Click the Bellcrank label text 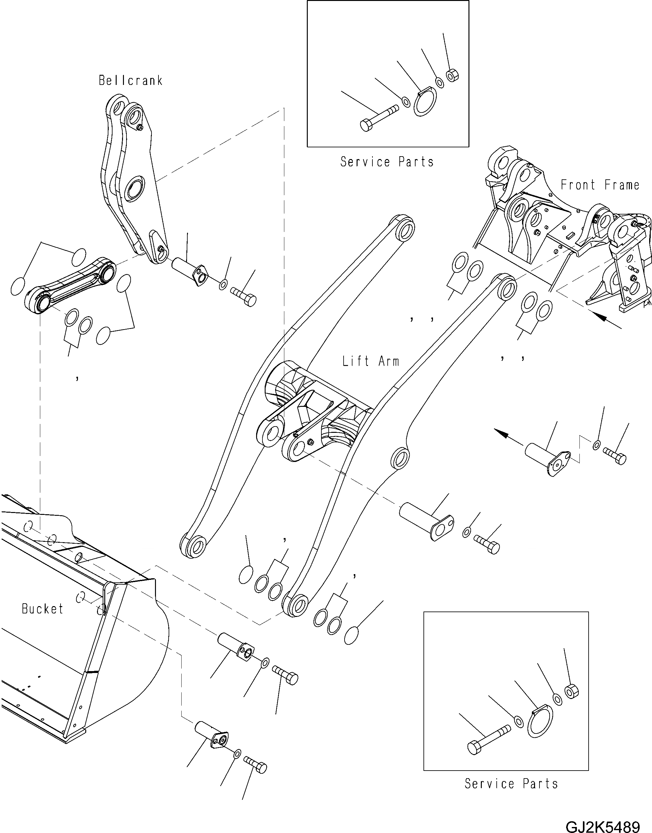(x=131, y=80)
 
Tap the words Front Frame (x=600, y=185)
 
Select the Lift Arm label (x=370, y=361)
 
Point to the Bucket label (x=42, y=609)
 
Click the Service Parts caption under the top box (x=387, y=162)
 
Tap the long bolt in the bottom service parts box (x=489, y=742)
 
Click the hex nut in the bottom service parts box (x=571, y=691)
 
